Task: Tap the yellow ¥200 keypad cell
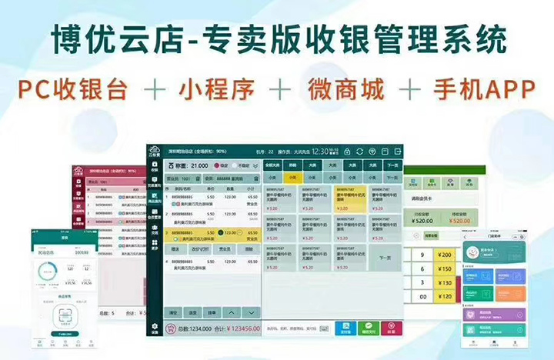coord(445,255)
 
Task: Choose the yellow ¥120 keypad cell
coord(445,296)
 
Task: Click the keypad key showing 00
coord(422,296)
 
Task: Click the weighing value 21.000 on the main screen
coord(199,165)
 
